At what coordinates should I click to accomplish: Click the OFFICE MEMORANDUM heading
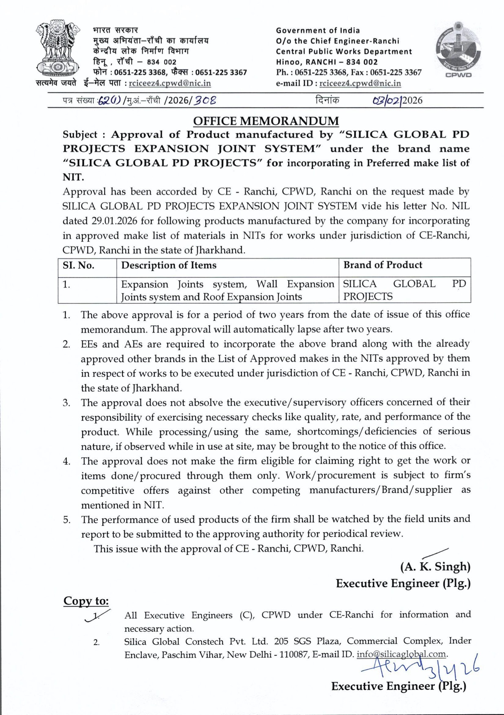coord(266,121)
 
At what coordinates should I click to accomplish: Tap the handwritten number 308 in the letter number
coord(205,100)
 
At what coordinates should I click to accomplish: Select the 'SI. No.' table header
coord(78,265)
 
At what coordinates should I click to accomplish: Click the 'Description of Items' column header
coord(169,265)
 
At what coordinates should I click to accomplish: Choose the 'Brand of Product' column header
coord(383,265)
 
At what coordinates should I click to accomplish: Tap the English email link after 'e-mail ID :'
coord(360,84)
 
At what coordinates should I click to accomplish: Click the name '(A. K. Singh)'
coord(435,567)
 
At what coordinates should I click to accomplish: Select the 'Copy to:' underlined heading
coord(86,601)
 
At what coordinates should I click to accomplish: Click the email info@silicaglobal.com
coord(401,654)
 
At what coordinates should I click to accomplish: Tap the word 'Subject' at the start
coord(80,135)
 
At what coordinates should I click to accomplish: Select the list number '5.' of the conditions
coord(66,520)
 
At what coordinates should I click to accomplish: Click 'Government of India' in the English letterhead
coord(318,30)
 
